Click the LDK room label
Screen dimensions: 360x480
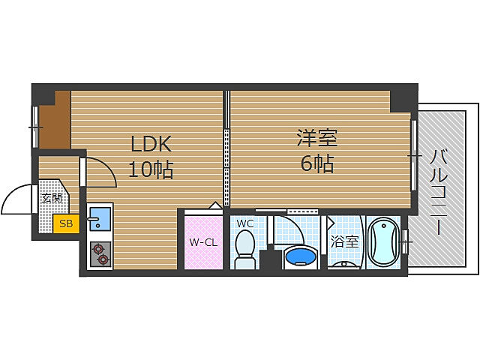pyautogui.click(x=152, y=143)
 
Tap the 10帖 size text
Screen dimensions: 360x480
pyautogui.click(x=151, y=169)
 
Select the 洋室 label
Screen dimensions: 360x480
pyautogui.click(x=316, y=138)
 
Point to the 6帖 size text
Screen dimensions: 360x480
pyautogui.click(x=316, y=163)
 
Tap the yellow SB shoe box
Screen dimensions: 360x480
pyautogui.click(x=66, y=223)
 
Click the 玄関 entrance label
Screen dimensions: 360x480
pyautogui.click(x=51, y=199)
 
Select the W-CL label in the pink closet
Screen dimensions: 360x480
pyautogui.click(x=202, y=242)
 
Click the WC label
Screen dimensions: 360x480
pyautogui.click(x=244, y=223)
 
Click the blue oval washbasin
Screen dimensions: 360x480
pyautogui.click(x=301, y=257)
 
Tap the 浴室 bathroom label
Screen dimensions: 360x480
pyautogui.click(x=345, y=242)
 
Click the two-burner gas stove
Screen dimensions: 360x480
pyautogui.click(x=100, y=255)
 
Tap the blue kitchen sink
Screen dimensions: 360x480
pyautogui.click(x=99, y=220)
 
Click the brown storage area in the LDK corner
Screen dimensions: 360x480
pyautogui.click(x=55, y=119)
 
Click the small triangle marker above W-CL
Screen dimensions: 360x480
pyautogui.click(x=214, y=205)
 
